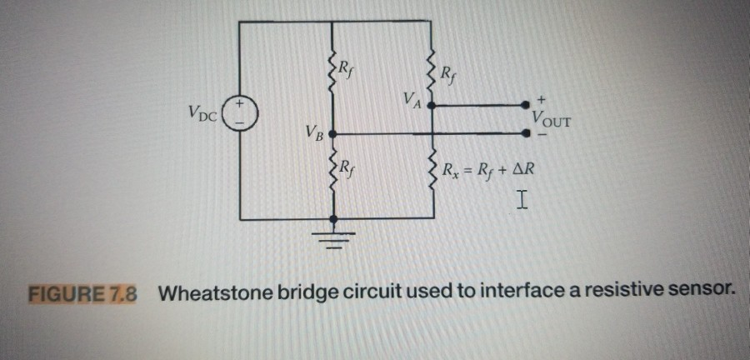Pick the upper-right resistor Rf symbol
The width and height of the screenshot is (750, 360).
(432, 68)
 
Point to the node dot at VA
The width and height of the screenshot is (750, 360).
(432, 106)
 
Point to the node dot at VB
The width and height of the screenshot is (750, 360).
(334, 133)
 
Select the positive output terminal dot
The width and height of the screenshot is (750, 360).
(526, 105)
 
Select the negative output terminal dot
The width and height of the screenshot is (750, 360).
(526, 133)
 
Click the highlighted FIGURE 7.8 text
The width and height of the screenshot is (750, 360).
(83, 294)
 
